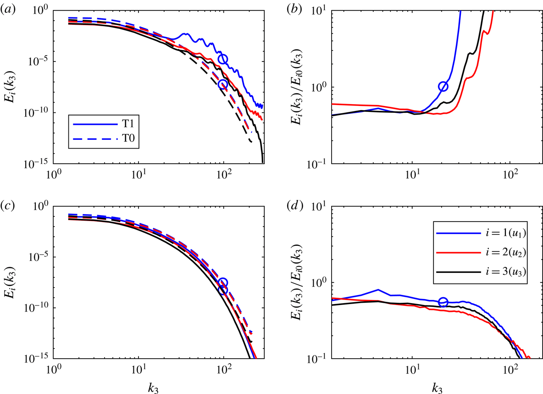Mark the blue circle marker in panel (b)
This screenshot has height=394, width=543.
pyautogui.click(x=443, y=87)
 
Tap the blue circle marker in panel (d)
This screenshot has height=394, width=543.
pyautogui.click(x=443, y=302)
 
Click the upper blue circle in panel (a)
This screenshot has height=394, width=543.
pyautogui.click(x=223, y=59)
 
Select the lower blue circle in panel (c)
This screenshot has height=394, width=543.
pyautogui.click(x=223, y=289)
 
